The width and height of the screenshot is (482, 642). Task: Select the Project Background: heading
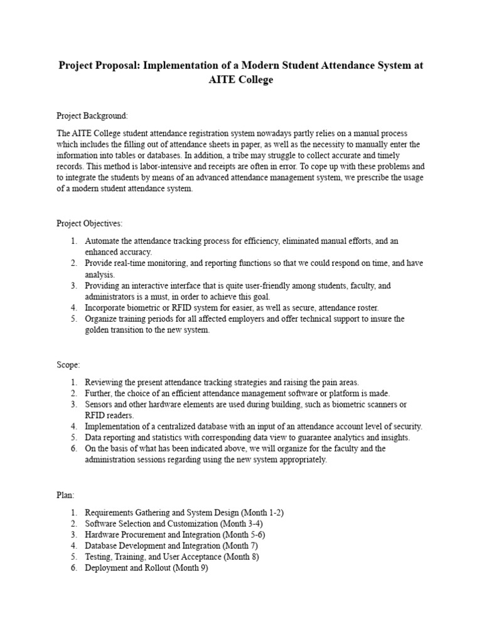tap(92, 116)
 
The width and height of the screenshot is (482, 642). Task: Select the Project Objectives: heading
tap(90, 223)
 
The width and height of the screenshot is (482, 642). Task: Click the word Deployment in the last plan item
tap(107, 568)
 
